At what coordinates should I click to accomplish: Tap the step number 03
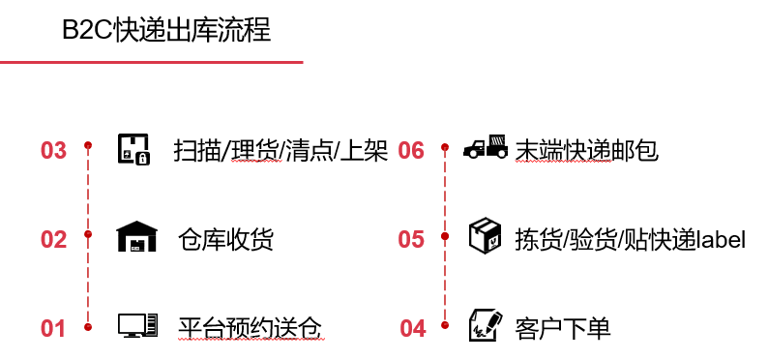(53, 151)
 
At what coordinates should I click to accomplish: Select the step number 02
(53, 239)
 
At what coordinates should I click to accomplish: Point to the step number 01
(53, 329)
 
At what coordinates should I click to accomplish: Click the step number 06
(411, 151)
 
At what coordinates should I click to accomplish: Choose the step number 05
(411, 239)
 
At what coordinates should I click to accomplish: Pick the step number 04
(413, 329)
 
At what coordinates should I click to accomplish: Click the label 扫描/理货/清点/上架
(281, 150)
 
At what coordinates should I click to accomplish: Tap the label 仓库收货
(225, 238)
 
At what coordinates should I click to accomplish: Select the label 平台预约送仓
(249, 328)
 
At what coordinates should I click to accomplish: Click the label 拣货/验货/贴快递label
(630, 239)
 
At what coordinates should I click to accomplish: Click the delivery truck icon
(486, 147)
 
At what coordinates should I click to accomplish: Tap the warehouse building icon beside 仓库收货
(136, 236)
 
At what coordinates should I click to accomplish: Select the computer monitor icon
(136, 325)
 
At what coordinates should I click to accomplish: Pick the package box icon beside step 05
(485, 236)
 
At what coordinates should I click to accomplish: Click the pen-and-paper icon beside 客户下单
(485, 325)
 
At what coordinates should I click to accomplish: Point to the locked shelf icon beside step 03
(133, 148)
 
